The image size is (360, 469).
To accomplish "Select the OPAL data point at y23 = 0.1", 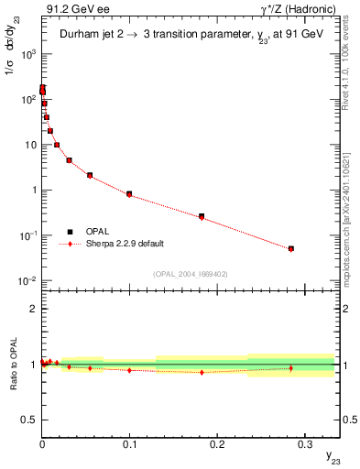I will pyautogui.click(x=129, y=194).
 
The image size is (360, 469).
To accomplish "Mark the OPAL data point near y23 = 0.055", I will pyautogui.click(x=90, y=175).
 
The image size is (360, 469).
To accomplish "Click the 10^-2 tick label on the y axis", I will pyautogui.click(x=27, y=281).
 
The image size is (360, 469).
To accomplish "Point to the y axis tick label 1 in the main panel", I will pyautogui.click(x=33, y=191).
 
